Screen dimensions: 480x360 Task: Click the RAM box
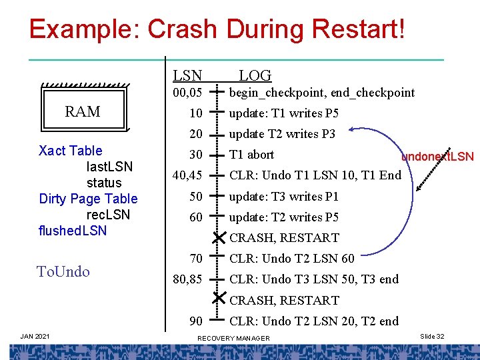(x=83, y=111)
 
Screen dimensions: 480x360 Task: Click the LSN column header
(x=188, y=76)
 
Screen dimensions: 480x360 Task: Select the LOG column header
(x=255, y=76)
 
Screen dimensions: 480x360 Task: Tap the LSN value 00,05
(x=187, y=93)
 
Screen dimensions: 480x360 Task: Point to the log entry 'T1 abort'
(x=251, y=155)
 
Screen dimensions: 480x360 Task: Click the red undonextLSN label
(x=437, y=157)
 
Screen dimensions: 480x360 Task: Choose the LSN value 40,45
(x=187, y=175)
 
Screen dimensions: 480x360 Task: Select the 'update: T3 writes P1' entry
(x=284, y=196)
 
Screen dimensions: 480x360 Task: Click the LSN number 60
(x=195, y=217)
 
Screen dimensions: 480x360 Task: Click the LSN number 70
(x=195, y=258)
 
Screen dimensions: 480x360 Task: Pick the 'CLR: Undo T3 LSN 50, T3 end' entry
(x=313, y=279)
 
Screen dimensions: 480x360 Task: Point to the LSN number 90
(x=195, y=321)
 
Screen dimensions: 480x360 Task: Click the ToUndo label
(x=63, y=271)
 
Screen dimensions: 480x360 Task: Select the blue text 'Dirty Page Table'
(x=88, y=199)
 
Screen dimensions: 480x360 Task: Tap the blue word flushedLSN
(x=73, y=231)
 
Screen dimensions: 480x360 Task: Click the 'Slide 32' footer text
(x=431, y=337)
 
